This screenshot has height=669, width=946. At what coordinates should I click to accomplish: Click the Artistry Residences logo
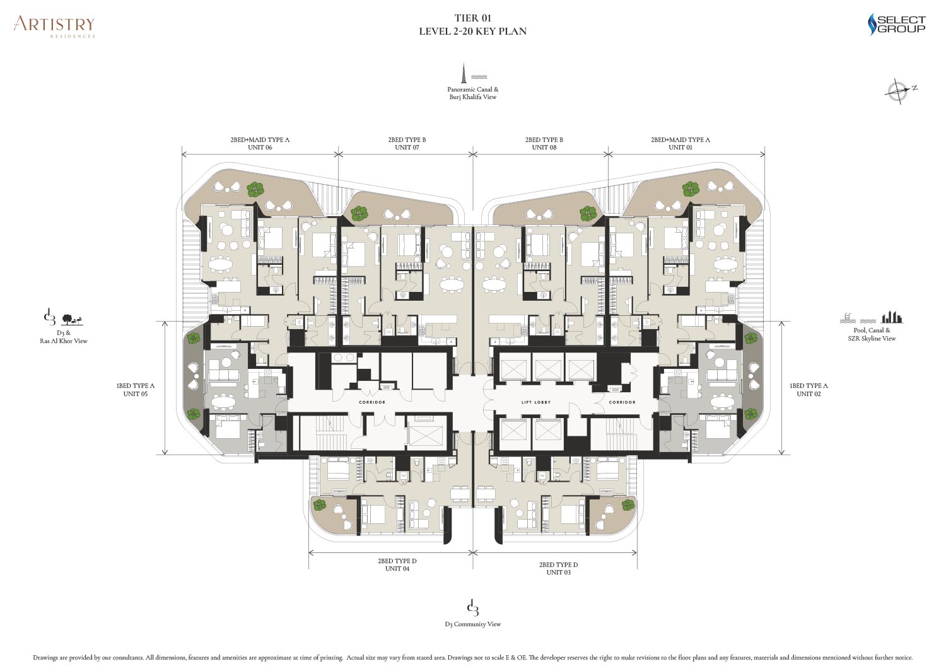pyautogui.click(x=54, y=26)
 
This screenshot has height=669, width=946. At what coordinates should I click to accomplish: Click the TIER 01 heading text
pyautogui.click(x=472, y=18)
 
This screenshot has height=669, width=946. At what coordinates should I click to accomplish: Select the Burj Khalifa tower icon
pyautogui.click(x=464, y=73)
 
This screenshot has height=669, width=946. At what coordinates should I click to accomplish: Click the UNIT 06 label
pyautogui.click(x=260, y=148)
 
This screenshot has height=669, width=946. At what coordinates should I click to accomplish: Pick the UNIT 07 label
pyautogui.click(x=407, y=148)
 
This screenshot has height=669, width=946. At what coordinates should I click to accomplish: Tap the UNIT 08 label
pyautogui.click(x=544, y=148)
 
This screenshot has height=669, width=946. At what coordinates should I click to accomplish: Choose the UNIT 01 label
pyautogui.click(x=680, y=148)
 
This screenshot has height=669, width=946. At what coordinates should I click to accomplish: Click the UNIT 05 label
pyautogui.click(x=135, y=393)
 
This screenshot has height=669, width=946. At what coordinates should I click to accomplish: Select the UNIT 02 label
pyautogui.click(x=809, y=393)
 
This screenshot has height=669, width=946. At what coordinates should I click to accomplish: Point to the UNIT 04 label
pyautogui.click(x=397, y=569)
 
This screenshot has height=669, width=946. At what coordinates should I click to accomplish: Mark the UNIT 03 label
pyautogui.click(x=558, y=573)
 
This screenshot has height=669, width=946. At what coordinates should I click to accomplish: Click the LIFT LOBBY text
pyautogui.click(x=536, y=402)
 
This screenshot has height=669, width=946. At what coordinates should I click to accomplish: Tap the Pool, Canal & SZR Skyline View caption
pyautogui.click(x=872, y=334)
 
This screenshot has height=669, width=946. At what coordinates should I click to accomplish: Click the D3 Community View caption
pyautogui.click(x=472, y=624)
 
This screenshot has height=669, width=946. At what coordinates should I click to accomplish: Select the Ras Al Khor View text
pyautogui.click(x=64, y=341)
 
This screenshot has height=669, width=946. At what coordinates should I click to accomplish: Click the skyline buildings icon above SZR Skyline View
pyautogui.click(x=891, y=317)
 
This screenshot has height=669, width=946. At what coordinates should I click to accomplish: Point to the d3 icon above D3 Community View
pyautogui.click(x=472, y=608)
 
